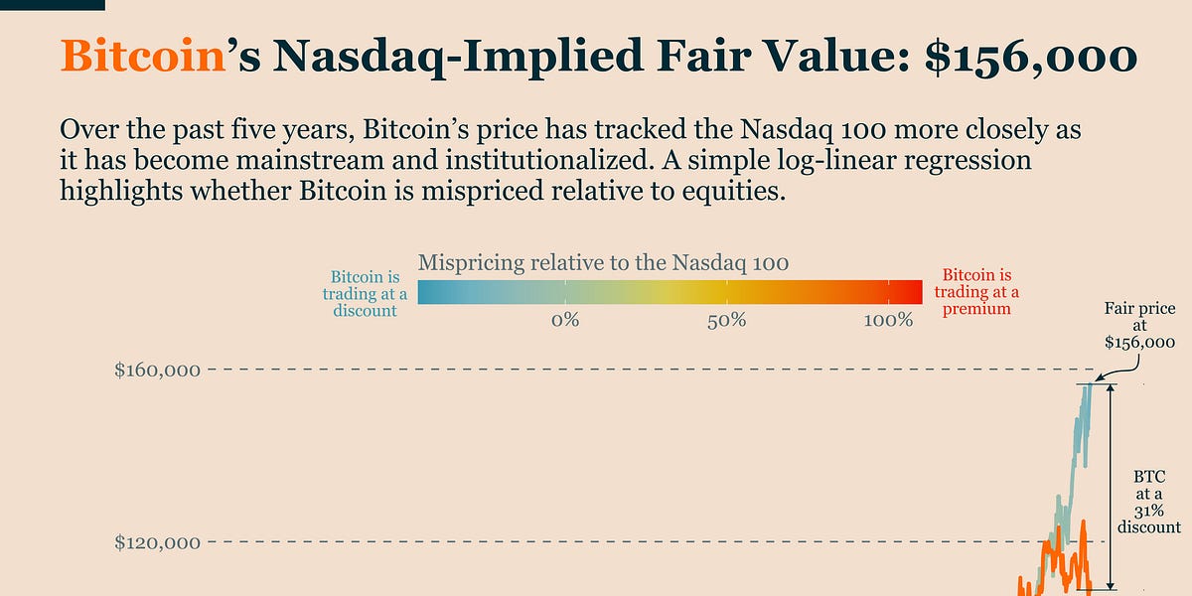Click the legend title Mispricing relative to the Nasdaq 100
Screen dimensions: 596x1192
(603, 263)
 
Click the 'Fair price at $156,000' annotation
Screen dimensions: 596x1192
(1139, 326)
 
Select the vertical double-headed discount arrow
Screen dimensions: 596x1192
(1112, 487)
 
